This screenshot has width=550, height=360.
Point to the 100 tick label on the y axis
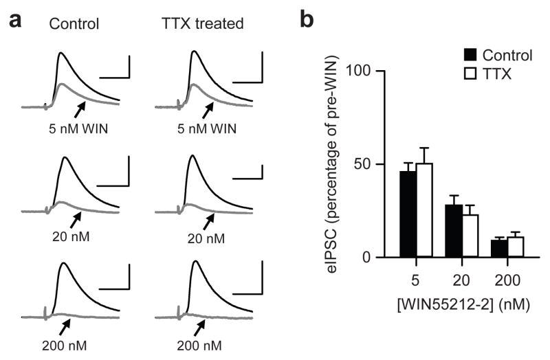click(360, 71)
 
